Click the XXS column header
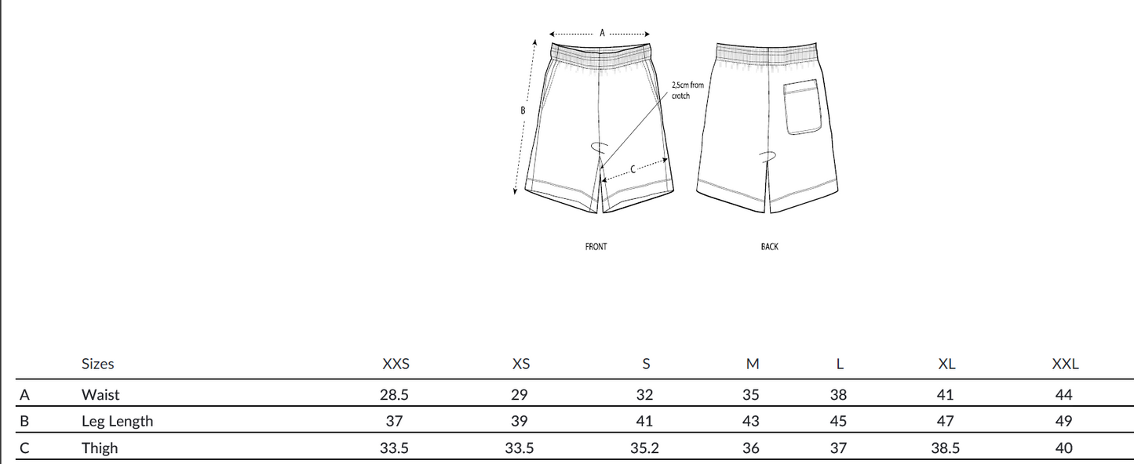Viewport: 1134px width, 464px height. coord(396,364)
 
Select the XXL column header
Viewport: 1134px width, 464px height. coord(1065,364)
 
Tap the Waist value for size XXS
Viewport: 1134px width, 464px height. coord(394,395)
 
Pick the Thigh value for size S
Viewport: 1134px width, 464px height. coord(644,448)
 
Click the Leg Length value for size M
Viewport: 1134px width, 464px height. coord(751,421)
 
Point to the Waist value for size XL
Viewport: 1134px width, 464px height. coord(945,395)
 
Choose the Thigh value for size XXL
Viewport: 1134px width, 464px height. coord(1063,448)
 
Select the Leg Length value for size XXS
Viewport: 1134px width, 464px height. coord(394,421)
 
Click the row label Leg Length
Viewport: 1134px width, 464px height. coord(117,422)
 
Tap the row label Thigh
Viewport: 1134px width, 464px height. coord(100,448)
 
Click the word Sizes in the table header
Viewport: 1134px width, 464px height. coord(98,364)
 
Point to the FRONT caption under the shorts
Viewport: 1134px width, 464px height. coord(596,247)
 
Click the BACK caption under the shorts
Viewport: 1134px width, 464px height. coord(770,247)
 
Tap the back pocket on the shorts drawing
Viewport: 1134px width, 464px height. coord(802,107)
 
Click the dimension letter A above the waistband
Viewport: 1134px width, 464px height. coord(602,34)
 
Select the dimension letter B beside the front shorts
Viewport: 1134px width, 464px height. coord(523,111)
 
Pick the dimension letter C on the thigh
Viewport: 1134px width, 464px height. coord(633,169)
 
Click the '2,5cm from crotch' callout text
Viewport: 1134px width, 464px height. coord(687,90)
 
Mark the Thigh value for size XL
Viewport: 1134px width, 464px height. coord(945,448)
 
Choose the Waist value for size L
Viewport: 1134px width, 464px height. coord(838,395)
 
